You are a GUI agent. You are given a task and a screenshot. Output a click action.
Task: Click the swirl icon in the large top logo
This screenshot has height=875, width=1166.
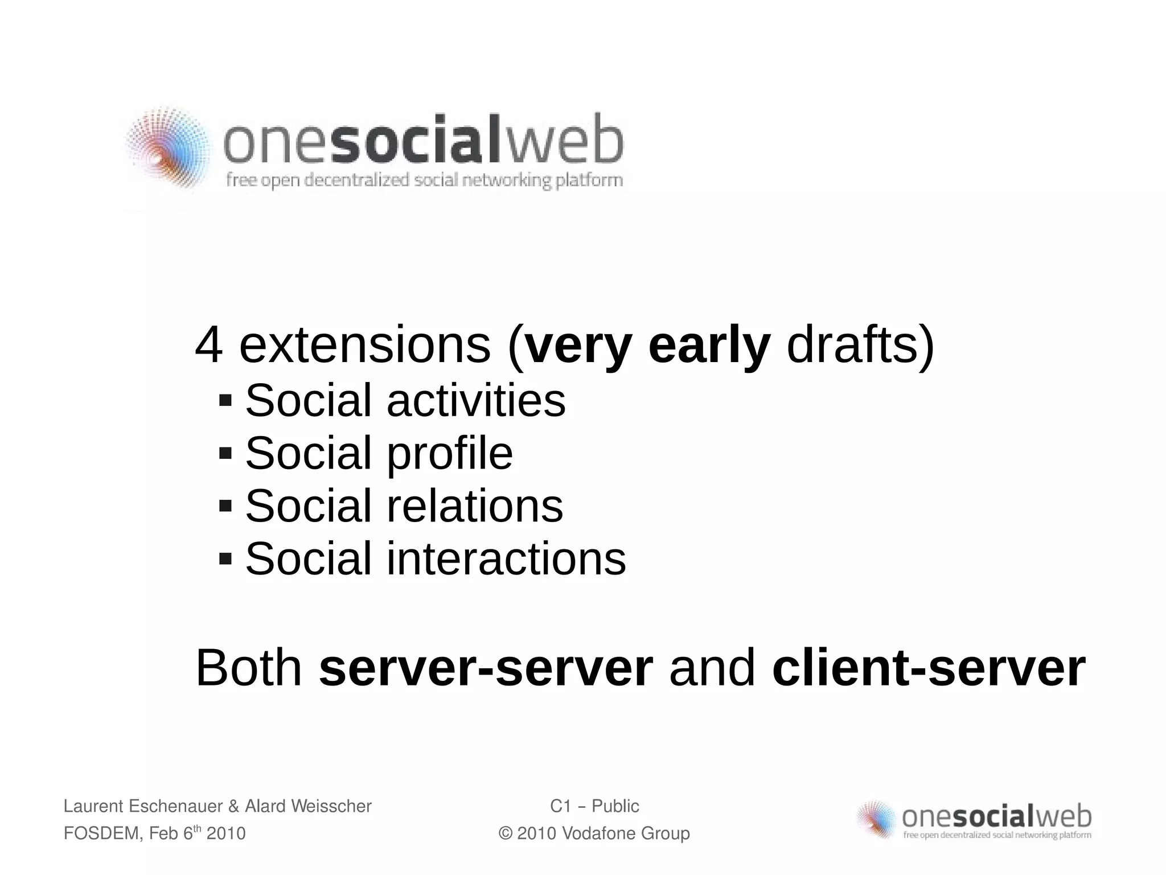point(166,149)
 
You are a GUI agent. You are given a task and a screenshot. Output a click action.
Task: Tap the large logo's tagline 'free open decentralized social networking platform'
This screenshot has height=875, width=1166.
point(424,181)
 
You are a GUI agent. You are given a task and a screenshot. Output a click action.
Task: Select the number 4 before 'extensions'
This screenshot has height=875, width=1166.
point(208,346)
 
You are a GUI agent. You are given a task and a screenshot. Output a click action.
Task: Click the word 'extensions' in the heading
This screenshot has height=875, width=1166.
point(364,346)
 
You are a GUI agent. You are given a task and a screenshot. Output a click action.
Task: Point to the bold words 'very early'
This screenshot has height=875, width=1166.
point(647,346)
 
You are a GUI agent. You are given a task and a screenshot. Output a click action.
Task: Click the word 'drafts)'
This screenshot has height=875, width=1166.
point(860,346)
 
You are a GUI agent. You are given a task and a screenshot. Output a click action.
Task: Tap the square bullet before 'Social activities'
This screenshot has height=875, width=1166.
point(225,400)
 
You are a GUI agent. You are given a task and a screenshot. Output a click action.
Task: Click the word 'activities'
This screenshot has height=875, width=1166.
point(476,401)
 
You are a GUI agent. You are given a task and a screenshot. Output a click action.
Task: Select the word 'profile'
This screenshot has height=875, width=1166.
point(450,454)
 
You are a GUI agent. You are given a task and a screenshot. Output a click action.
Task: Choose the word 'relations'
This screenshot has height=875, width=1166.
point(475,506)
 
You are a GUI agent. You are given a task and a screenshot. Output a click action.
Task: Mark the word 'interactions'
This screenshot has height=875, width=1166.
point(506,558)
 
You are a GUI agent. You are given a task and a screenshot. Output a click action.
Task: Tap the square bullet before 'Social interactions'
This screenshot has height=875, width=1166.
point(225,557)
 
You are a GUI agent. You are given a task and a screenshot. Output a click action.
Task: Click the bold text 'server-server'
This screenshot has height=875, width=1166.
point(486,668)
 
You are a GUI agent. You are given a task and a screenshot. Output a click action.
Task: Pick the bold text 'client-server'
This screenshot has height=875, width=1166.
point(929,668)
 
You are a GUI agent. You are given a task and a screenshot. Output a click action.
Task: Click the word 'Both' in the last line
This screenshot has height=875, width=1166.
point(249,668)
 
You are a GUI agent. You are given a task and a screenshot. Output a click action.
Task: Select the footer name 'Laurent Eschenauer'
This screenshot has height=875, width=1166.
point(143,806)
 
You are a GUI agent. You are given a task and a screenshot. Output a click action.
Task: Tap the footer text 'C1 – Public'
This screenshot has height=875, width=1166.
point(594,806)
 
